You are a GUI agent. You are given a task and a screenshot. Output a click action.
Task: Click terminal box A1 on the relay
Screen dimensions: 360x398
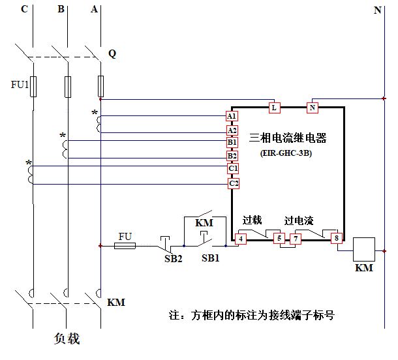232,116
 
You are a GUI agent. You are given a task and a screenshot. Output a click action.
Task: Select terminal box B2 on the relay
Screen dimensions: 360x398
232,156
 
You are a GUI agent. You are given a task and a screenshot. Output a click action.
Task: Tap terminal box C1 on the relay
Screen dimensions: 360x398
232,169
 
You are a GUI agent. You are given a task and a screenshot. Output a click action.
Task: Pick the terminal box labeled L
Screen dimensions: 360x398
275,106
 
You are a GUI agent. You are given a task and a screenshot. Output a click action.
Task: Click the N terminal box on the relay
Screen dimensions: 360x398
312,106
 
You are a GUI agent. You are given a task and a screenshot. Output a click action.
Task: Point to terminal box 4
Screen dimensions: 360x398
241,239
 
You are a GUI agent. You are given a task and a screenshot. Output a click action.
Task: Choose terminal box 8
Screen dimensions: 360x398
337,239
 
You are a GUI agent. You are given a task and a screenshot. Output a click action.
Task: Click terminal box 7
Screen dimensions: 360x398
297,239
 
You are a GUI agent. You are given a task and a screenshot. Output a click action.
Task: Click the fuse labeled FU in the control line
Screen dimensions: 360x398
125,245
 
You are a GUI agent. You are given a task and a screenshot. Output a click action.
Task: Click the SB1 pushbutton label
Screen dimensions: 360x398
210,258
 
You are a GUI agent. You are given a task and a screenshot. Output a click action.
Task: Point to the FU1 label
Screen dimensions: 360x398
20,85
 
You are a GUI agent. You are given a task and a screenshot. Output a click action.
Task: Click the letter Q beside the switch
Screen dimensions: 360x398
112,54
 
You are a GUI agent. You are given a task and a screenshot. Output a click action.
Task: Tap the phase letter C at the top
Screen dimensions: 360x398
24,9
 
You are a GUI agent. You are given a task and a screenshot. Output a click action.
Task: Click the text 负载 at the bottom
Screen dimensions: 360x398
68,339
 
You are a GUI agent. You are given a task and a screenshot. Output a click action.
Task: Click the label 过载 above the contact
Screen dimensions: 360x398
252,220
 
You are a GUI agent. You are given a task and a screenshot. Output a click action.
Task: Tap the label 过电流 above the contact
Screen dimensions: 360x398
299,220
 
